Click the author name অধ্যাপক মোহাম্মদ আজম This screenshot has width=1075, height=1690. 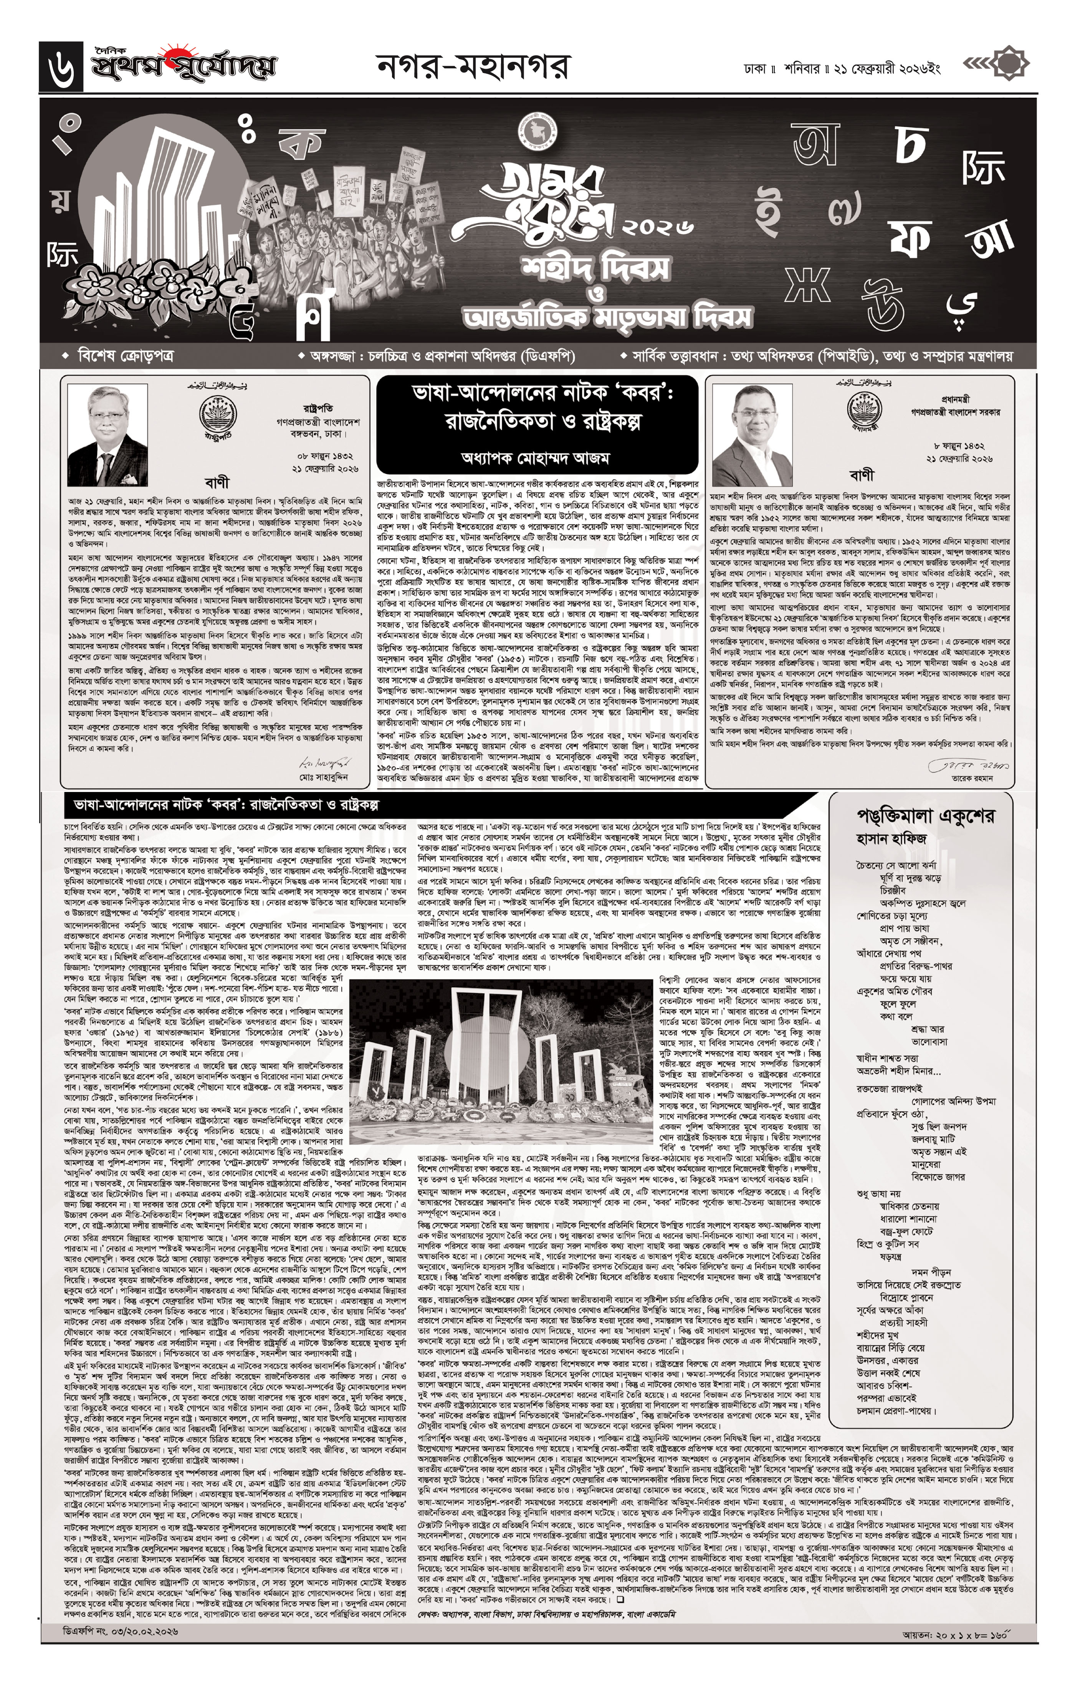tap(537, 457)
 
